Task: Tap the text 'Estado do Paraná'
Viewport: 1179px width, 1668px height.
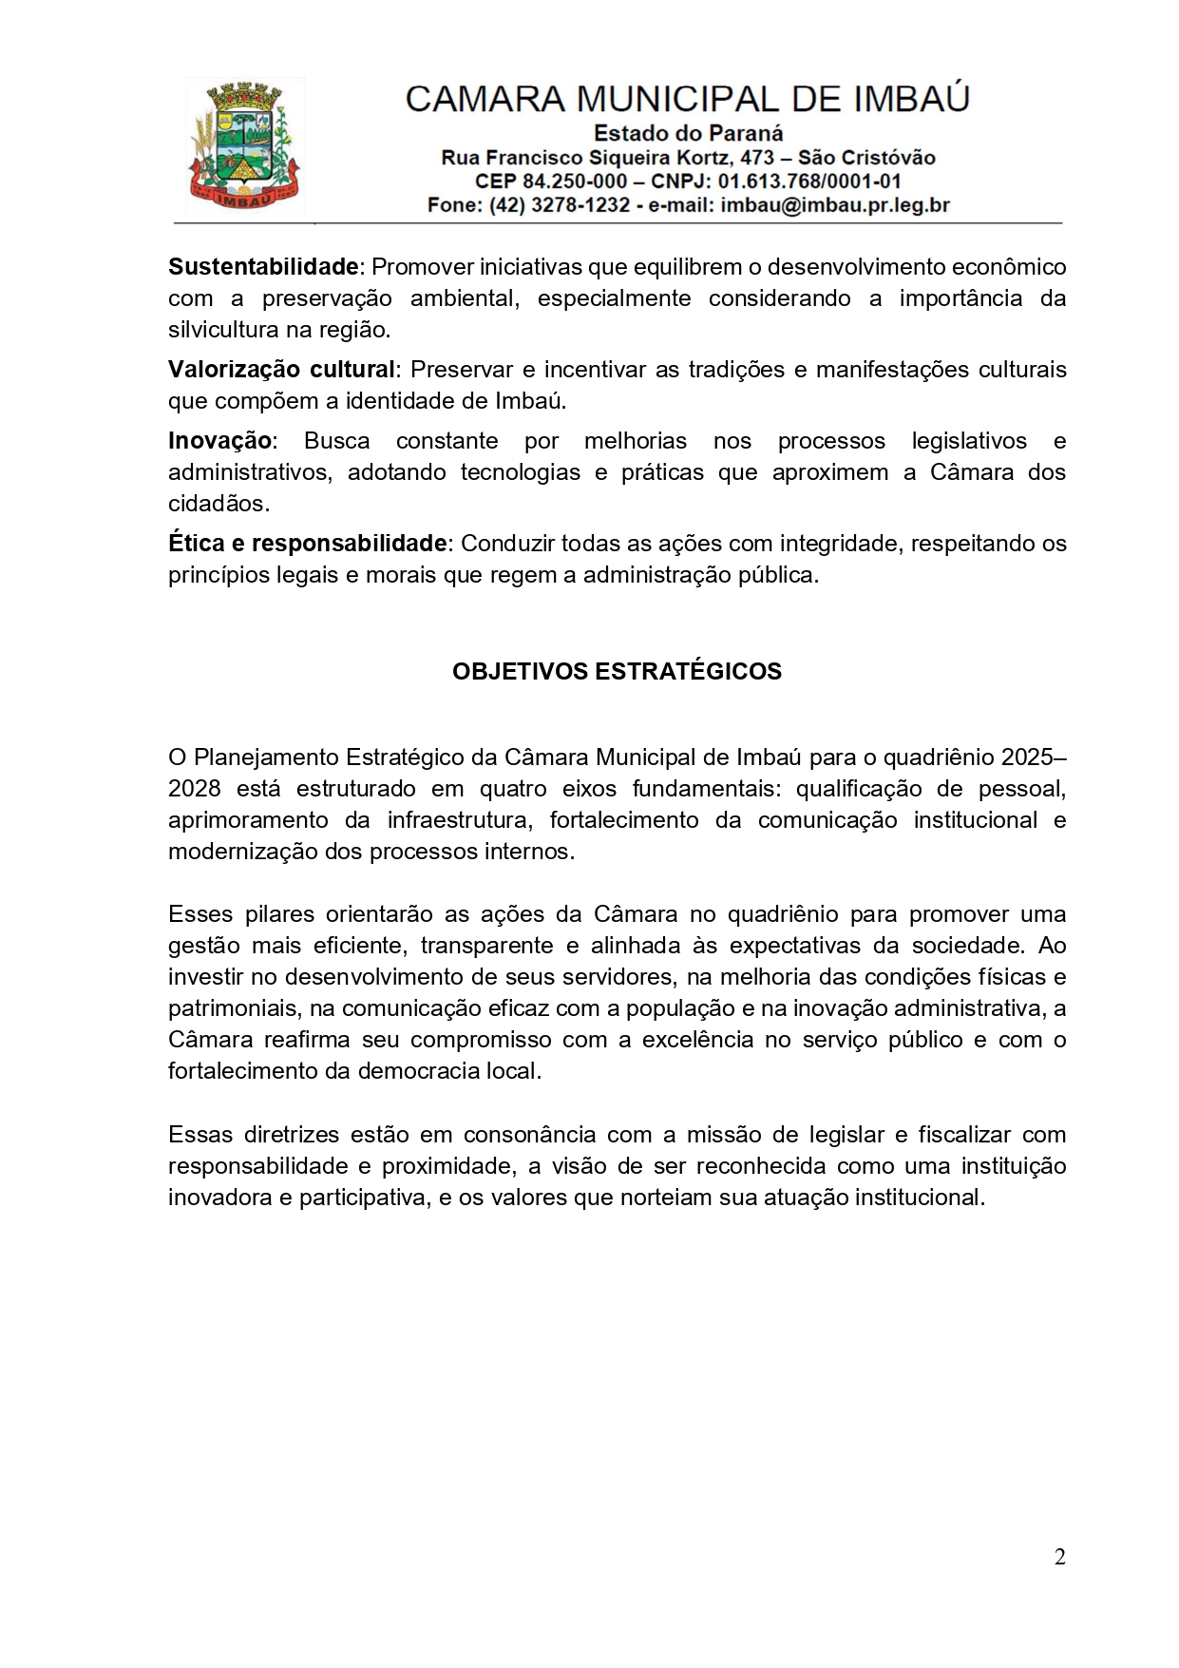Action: [x=688, y=134]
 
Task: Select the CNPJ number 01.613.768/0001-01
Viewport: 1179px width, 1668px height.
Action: [x=809, y=182]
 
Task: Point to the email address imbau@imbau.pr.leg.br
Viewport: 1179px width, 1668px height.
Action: [x=835, y=205]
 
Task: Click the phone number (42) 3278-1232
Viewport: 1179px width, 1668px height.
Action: [x=560, y=205]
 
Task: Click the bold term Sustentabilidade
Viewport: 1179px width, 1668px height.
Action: [x=263, y=267]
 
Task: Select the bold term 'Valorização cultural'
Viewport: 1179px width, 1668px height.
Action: [x=281, y=370]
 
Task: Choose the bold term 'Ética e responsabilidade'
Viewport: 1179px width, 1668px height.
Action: [x=307, y=544]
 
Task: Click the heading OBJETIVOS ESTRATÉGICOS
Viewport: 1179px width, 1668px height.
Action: [x=617, y=672]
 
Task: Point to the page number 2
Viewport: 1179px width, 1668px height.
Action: [x=1059, y=1557]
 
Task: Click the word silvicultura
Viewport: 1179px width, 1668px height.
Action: [x=224, y=331]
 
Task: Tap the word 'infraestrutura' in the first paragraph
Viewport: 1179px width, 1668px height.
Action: [x=457, y=820]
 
